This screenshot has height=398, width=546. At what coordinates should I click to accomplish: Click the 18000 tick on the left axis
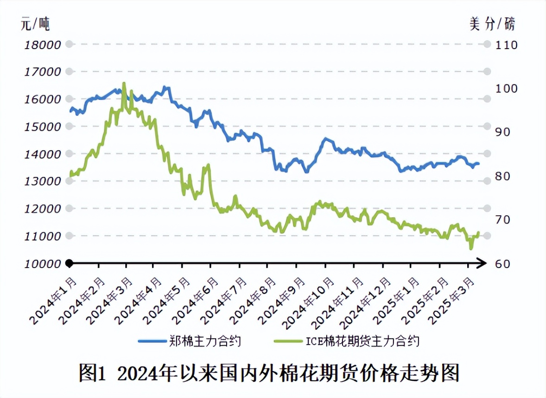tap(42, 45)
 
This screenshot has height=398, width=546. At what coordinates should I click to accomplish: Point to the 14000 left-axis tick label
tap(42, 154)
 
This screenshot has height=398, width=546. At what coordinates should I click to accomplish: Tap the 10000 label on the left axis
tap(42, 263)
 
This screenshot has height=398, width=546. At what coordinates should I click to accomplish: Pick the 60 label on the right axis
tap(503, 263)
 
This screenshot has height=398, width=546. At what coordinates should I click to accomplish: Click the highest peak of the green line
tap(124, 83)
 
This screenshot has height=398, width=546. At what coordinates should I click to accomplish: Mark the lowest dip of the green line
tap(471, 249)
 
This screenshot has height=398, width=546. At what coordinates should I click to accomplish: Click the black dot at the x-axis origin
tap(69, 263)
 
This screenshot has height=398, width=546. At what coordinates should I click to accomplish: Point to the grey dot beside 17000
tap(69, 71)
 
